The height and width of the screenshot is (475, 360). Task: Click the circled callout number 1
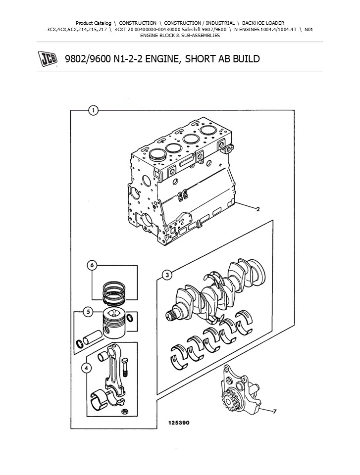click(93, 111)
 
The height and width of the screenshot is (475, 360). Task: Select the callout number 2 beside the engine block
click(258, 209)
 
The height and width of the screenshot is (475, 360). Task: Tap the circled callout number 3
click(167, 275)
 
